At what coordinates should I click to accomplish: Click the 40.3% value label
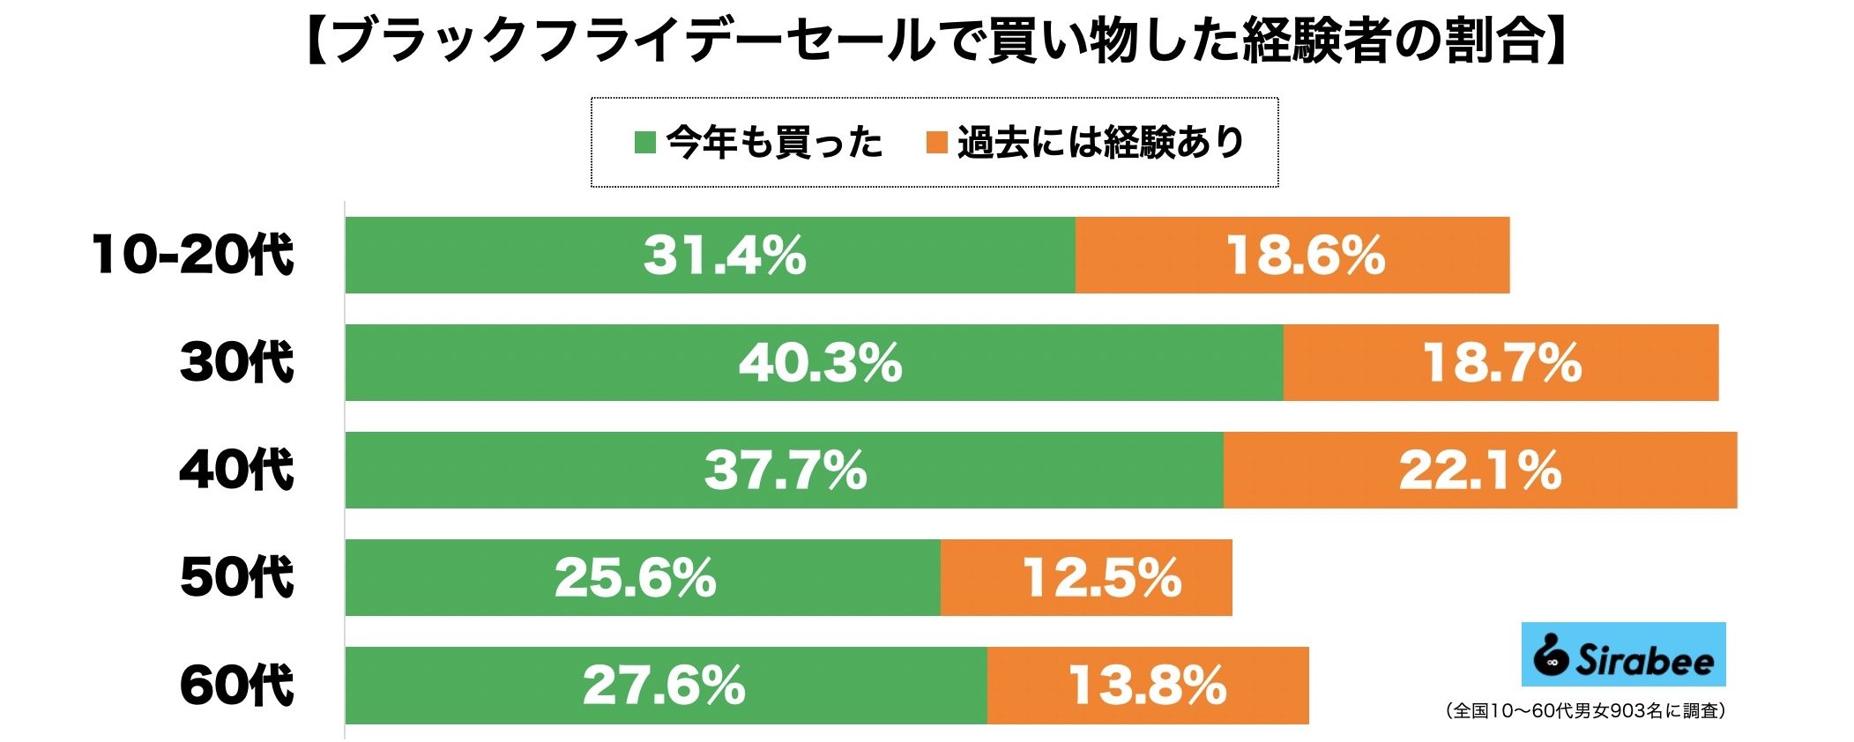(820, 362)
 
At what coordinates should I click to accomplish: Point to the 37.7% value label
(786, 470)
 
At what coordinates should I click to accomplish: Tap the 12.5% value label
(1102, 577)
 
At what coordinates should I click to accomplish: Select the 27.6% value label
(664, 685)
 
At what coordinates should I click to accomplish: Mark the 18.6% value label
(1305, 255)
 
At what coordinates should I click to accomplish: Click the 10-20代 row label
(192, 255)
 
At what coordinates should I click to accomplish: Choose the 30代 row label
(236, 362)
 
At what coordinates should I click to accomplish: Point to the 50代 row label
(236, 577)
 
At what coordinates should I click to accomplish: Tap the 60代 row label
(236, 685)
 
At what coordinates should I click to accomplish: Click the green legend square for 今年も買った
(645, 142)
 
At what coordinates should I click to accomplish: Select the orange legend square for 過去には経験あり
(936, 142)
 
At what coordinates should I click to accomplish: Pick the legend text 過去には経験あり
(1100, 142)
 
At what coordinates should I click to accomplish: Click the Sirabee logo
(1623, 655)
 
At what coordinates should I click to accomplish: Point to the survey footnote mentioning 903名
(1585, 710)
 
